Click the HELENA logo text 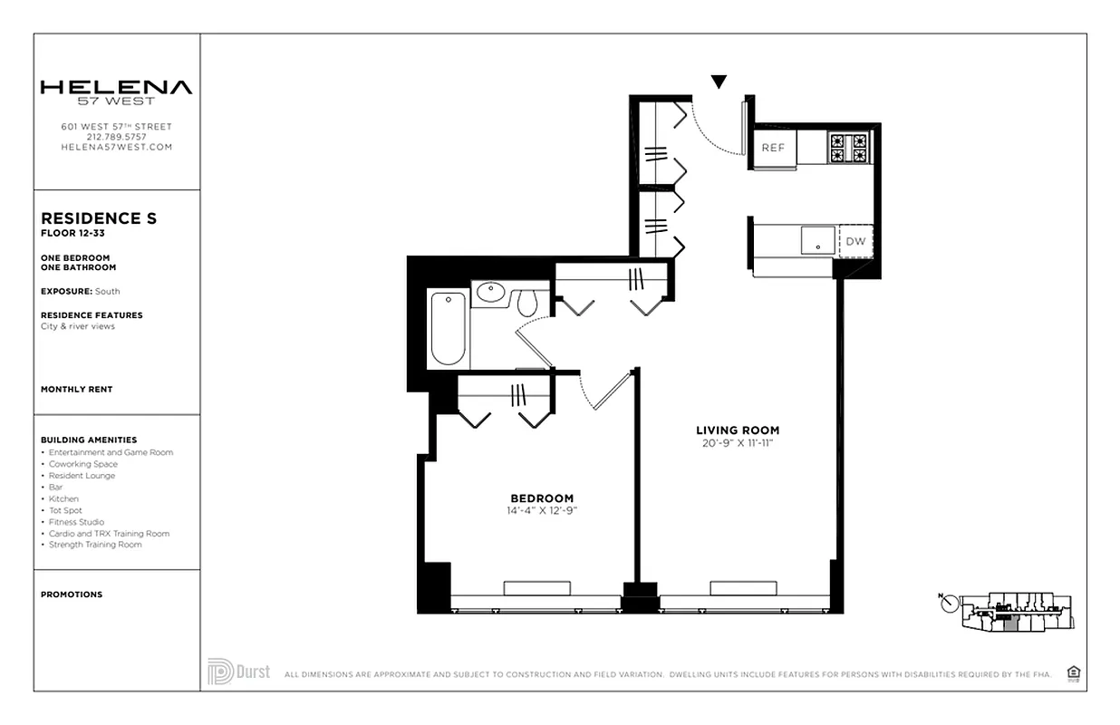pos(116,88)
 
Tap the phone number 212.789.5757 pos(116,137)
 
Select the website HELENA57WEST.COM pos(116,147)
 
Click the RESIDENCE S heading pos(99,218)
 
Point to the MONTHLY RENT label pos(76,390)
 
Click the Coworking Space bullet pos(82,464)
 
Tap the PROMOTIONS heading pos(72,594)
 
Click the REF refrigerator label pos(773,148)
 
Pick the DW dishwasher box pos(855,242)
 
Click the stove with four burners pos(848,148)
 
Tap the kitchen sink pos(818,241)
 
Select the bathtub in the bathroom pos(448,328)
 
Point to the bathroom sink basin pos(490,293)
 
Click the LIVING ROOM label pos(738,430)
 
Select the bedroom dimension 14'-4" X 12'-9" pos(542,511)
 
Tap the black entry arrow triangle pos(719,82)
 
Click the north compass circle pos(949,604)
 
